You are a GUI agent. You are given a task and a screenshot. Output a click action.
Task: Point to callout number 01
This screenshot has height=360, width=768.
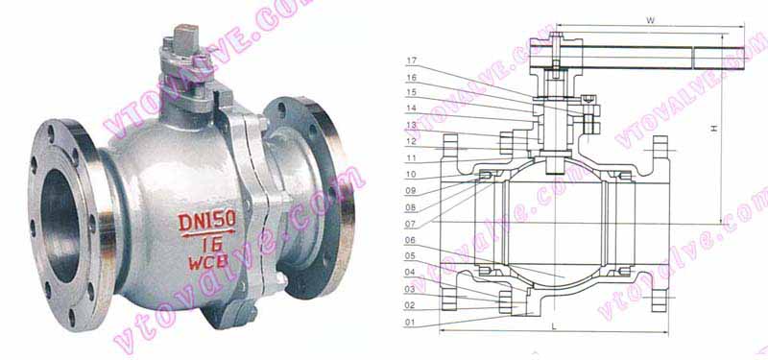coord(410,323)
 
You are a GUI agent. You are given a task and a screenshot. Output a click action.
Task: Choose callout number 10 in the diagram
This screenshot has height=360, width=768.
coord(410,175)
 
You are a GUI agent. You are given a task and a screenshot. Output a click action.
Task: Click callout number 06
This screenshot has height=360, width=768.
coord(410,240)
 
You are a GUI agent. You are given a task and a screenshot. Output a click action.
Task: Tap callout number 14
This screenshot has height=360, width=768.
coord(411,108)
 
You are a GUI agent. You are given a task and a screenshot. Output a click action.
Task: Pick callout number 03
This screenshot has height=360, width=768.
coord(410,289)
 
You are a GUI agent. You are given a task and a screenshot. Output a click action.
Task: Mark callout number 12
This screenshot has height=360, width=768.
coord(410,141)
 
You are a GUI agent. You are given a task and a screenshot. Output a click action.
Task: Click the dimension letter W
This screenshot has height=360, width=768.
coord(650,19)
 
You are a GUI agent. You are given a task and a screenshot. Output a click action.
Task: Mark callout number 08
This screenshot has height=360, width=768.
coord(410,206)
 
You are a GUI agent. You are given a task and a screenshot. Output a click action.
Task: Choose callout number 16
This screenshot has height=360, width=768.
coord(411,78)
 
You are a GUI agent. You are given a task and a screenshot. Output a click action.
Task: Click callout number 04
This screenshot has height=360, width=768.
coord(410,273)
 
